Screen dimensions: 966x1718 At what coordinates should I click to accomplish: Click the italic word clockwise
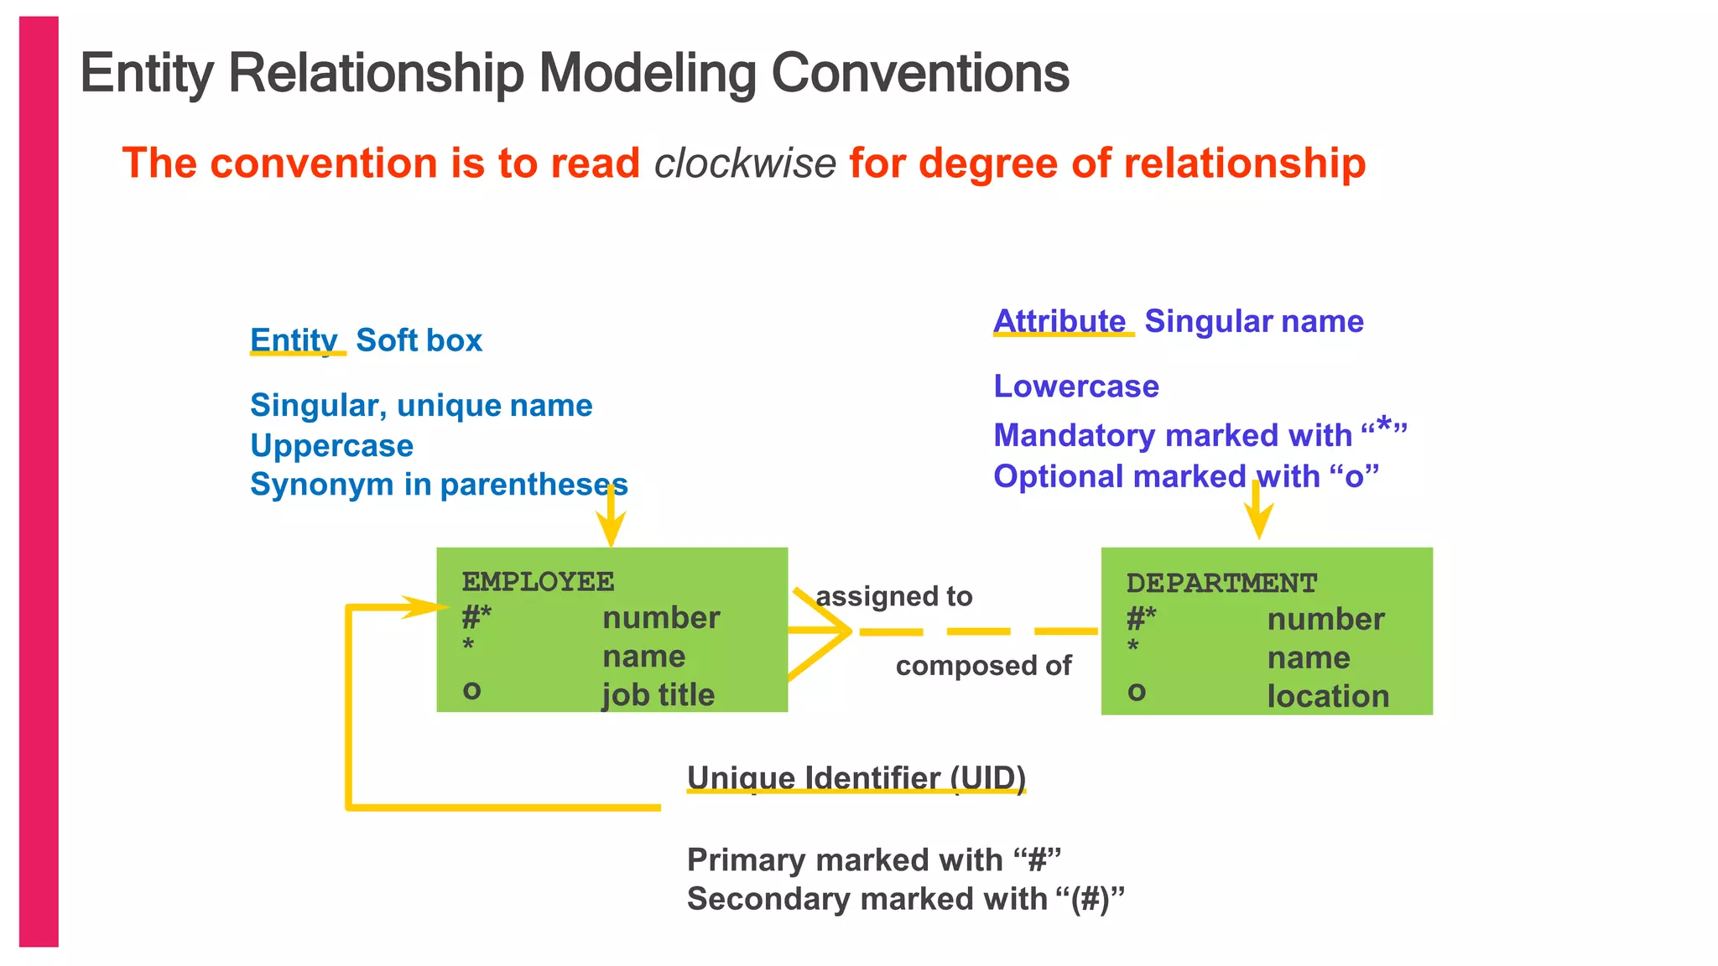[745, 163]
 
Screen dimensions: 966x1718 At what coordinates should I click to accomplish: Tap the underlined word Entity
[294, 340]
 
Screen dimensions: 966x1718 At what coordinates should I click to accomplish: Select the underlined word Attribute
[1059, 321]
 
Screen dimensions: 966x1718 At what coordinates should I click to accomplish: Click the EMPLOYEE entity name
[538, 581]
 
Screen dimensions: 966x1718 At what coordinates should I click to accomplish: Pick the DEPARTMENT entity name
[1221, 583]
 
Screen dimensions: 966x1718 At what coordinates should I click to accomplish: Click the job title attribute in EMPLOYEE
[658, 694]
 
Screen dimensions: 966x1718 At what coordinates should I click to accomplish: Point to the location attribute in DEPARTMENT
[1328, 696]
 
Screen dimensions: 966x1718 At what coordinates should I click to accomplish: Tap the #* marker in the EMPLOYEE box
[476, 618]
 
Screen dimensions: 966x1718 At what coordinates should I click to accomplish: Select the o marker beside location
[1137, 692]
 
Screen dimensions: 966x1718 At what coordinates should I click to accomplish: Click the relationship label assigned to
[894, 596]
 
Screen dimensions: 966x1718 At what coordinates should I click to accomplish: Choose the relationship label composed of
[983, 666]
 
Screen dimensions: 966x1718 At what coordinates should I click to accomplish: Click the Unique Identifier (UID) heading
[856, 778]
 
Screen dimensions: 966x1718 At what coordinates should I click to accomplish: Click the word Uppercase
[331, 446]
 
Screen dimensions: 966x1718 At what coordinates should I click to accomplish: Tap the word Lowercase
[1076, 387]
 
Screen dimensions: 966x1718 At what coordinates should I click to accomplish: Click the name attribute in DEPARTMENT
[1309, 658]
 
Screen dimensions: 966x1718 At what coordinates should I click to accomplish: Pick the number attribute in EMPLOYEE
[661, 618]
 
